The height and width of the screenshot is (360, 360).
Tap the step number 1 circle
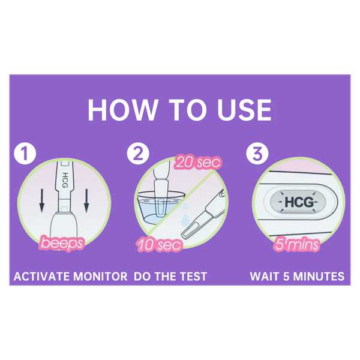[25, 153]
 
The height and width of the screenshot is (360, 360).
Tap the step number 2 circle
[138, 153]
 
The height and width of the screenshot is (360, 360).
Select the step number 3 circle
[257, 153]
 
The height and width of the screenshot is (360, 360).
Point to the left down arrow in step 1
[41, 200]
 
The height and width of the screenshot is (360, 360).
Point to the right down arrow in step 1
[86, 200]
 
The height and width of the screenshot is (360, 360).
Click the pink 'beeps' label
[62, 243]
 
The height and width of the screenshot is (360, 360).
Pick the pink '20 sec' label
[199, 163]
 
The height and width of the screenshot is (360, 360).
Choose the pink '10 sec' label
[160, 245]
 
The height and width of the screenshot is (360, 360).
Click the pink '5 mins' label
[296, 244]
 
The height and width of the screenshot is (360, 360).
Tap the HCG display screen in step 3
[298, 202]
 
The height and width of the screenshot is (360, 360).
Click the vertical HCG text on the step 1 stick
[65, 180]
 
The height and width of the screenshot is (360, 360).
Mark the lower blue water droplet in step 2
[184, 220]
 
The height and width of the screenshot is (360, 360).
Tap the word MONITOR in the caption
[100, 276]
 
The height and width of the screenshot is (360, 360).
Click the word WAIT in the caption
[265, 276]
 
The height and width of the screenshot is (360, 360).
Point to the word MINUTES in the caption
[319, 276]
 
